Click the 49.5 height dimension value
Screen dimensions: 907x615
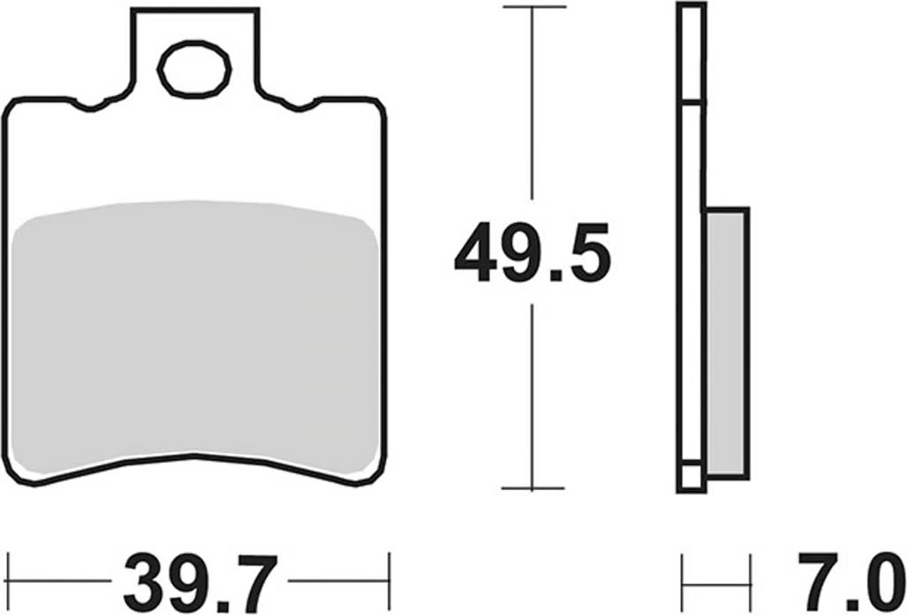(532, 253)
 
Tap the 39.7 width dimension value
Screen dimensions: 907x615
(200, 583)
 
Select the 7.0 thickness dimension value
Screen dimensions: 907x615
(851, 583)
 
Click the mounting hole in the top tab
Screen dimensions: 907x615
(194, 69)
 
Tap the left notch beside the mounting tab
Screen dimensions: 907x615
(90, 105)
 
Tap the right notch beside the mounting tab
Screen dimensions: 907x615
(299, 105)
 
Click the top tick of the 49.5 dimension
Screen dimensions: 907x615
(534, 7)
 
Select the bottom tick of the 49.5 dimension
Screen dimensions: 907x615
(532, 488)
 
